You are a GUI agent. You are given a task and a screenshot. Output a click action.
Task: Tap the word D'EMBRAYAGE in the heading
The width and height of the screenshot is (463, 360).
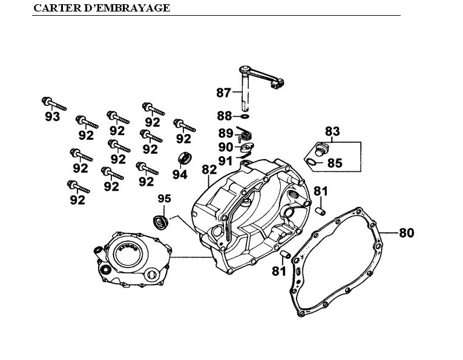pos(125,8)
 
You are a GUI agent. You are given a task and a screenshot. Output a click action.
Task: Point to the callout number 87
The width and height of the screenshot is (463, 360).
pos(223,93)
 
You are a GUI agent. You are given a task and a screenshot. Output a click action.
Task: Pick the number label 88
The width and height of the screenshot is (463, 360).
pos(225,116)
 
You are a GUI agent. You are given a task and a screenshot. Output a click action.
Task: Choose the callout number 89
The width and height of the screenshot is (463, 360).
pos(226,133)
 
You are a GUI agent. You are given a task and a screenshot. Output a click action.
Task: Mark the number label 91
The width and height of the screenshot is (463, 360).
pos(226,160)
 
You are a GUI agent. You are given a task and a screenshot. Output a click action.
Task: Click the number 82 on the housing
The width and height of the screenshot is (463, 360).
pos(209,169)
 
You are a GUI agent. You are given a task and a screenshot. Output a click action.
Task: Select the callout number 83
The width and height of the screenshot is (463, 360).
pos(332,131)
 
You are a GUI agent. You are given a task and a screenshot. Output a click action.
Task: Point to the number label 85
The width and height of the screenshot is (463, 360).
pos(335,163)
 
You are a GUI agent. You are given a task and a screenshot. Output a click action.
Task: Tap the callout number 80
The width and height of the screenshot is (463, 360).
pos(406,232)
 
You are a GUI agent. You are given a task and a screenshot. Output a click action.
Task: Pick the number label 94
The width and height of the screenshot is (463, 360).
pos(179,174)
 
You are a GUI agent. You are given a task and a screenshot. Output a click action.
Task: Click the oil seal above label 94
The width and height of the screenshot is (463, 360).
pos(184,159)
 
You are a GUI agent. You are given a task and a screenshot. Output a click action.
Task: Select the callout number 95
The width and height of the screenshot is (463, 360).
pos(165,198)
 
